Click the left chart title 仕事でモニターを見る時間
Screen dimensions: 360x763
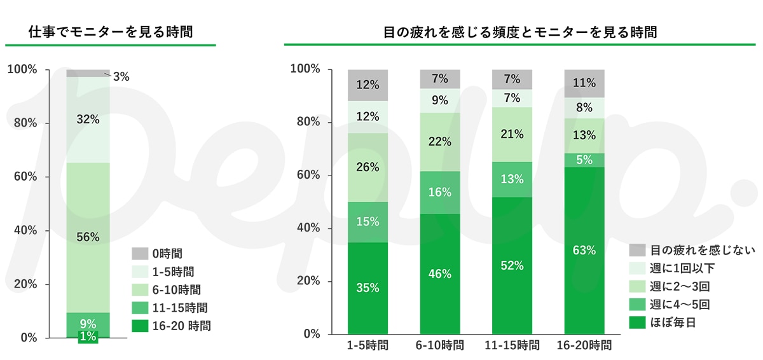111,31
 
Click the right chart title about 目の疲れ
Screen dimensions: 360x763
521,31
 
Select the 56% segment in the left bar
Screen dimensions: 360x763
88,237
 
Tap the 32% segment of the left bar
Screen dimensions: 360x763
88,120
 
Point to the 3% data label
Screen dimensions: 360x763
121,77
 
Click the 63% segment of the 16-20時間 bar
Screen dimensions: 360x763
584,250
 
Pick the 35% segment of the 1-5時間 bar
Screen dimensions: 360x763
368,287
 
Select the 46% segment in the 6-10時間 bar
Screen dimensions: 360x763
439,274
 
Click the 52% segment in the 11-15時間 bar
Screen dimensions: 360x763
512,266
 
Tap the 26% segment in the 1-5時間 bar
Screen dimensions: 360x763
368,168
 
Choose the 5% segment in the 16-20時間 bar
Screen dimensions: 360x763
584,160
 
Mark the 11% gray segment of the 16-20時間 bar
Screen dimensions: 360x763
584,83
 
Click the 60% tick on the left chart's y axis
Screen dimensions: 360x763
26,176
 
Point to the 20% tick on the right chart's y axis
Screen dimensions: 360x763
307,282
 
